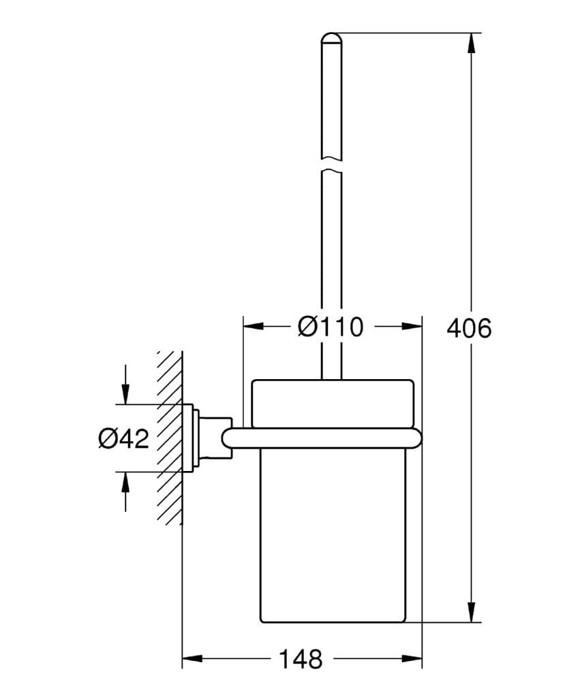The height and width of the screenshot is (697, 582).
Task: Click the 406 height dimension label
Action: click(468, 328)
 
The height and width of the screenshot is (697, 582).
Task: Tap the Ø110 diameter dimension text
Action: click(331, 327)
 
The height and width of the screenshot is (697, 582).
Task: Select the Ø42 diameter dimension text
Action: click(123, 438)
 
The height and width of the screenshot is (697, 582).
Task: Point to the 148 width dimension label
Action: click(301, 659)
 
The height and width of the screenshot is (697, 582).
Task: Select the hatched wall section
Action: click(169, 436)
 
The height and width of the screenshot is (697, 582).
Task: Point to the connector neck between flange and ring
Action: click(217, 437)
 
